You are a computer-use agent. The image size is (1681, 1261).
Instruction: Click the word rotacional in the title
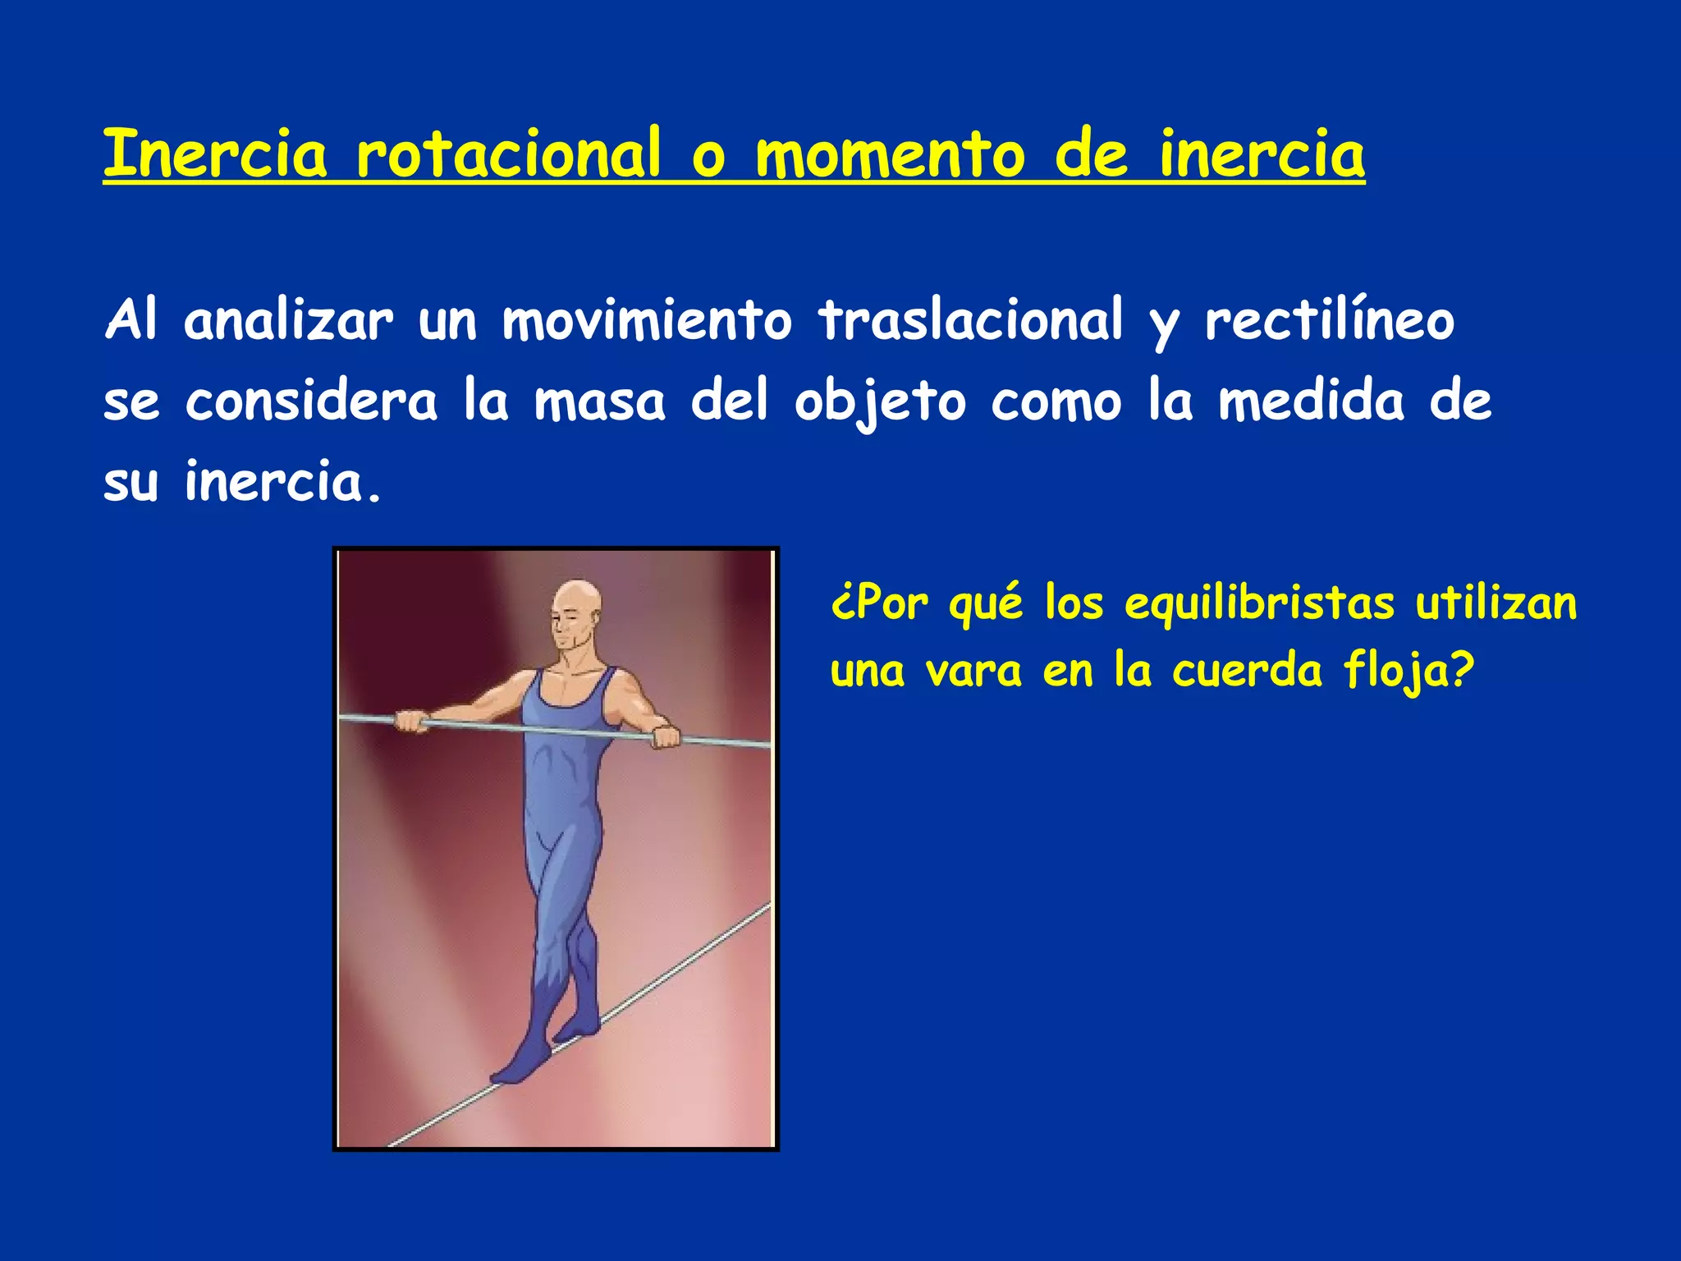tap(507, 154)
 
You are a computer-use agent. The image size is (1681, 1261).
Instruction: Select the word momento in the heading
tap(890, 155)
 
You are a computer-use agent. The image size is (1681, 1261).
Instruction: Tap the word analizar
tap(288, 321)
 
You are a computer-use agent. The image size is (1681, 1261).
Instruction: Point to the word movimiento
tap(647, 321)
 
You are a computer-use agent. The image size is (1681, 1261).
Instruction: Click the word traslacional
tap(970, 321)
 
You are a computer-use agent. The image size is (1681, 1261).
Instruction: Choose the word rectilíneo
tap(1329, 323)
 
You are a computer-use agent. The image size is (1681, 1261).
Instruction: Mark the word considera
tap(311, 401)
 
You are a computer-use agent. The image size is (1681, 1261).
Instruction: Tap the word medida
tap(1311, 401)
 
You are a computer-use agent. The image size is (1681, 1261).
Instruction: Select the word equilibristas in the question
tap(1259, 605)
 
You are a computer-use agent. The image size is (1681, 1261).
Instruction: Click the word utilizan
tap(1495, 603)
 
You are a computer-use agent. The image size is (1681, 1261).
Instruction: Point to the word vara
tap(973, 672)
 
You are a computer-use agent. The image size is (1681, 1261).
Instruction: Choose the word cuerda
tap(1247, 671)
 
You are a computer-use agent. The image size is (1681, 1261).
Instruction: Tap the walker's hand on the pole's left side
tap(410, 722)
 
